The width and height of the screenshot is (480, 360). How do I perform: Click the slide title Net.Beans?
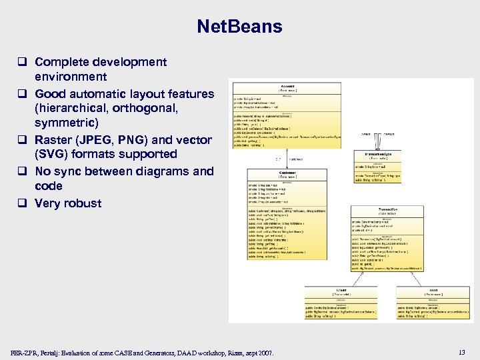tap(239, 27)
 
